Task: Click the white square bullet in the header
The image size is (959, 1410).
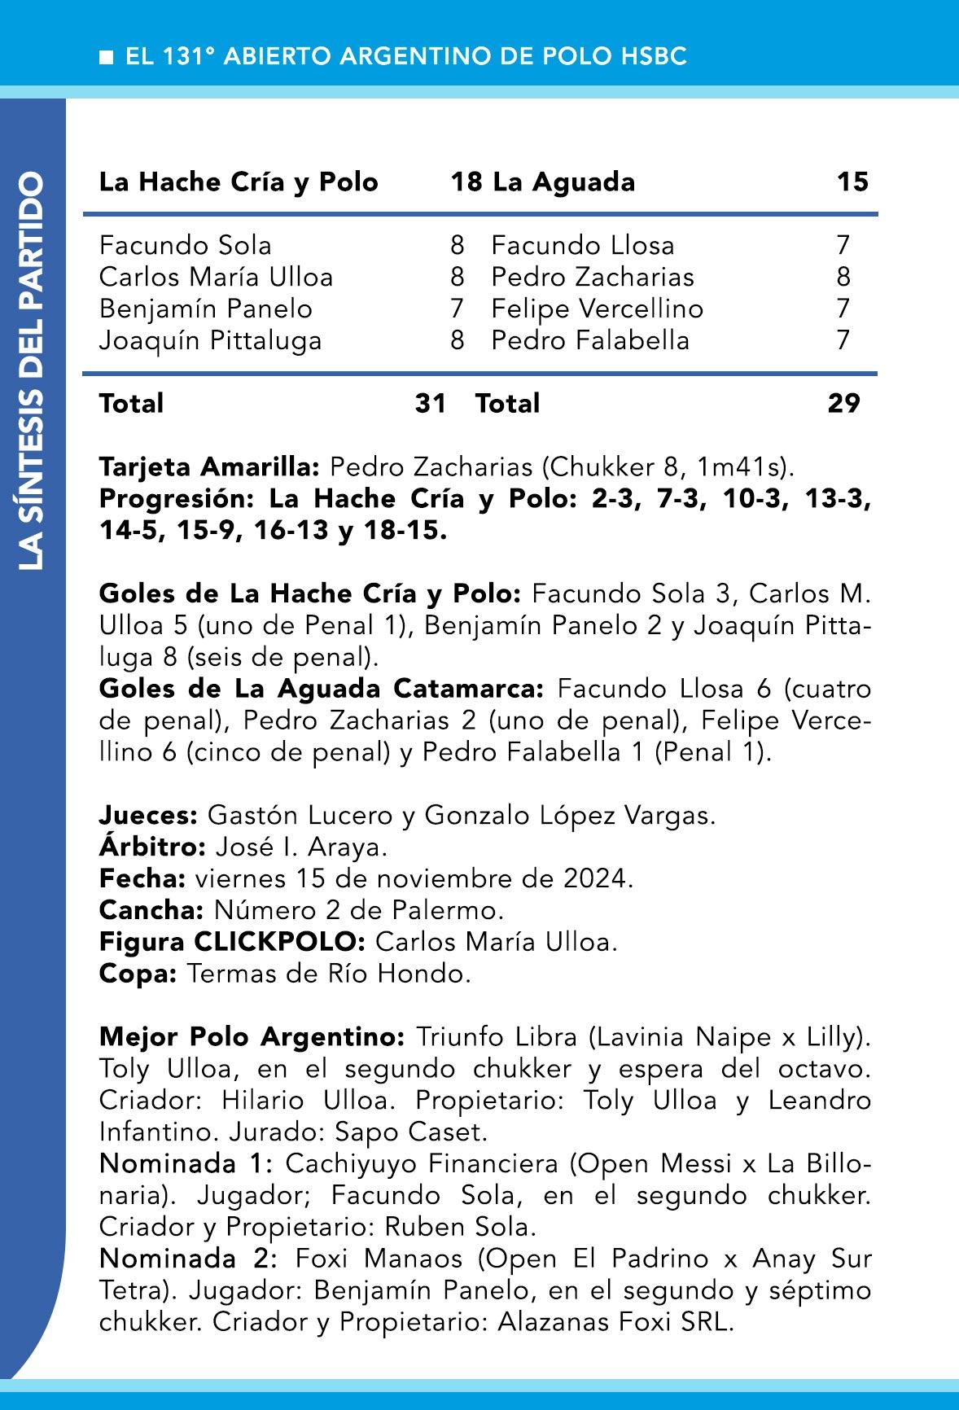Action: pyautogui.click(x=105, y=57)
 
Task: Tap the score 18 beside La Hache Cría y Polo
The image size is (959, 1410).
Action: pyautogui.click(x=466, y=182)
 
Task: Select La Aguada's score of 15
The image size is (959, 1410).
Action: pyautogui.click(x=852, y=182)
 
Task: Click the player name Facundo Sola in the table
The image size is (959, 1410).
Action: pyautogui.click(x=185, y=245)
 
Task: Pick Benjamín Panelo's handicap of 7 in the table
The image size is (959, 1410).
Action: pyautogui.click(x=457, y=309)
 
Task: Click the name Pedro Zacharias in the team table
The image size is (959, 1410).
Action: pyautogui.click(x=592, y=277)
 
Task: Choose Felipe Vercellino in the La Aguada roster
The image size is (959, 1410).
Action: pyautogui.click(x=597, y=309)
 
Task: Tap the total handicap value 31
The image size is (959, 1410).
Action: pyautogui.click(x=431, y=403)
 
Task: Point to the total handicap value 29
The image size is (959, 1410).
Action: pyautogui.click(x=843, y=403)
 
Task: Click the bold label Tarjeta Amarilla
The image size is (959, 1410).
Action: pyautogui.click(x=209, y=467)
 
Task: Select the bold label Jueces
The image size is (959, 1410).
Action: pyautogui.click(x=148, y=815)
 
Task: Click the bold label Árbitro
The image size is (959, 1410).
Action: pyautogui.click(x=152, y=847)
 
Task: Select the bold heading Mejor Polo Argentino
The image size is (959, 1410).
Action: pyautogui.click(x=252, y=1037)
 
